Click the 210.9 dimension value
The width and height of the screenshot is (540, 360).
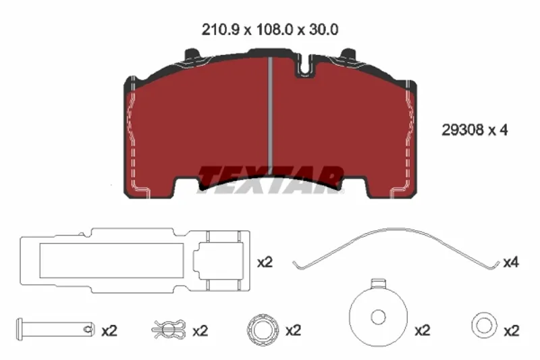[220, 30]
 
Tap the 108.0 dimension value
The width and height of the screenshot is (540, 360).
[275, 30]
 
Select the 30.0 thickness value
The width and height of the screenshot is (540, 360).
[324, 30]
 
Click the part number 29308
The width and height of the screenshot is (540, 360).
[462, 130]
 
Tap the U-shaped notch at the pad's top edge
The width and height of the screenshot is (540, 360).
[304, 66]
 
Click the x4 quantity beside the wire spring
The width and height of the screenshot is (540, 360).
[511, 263]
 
